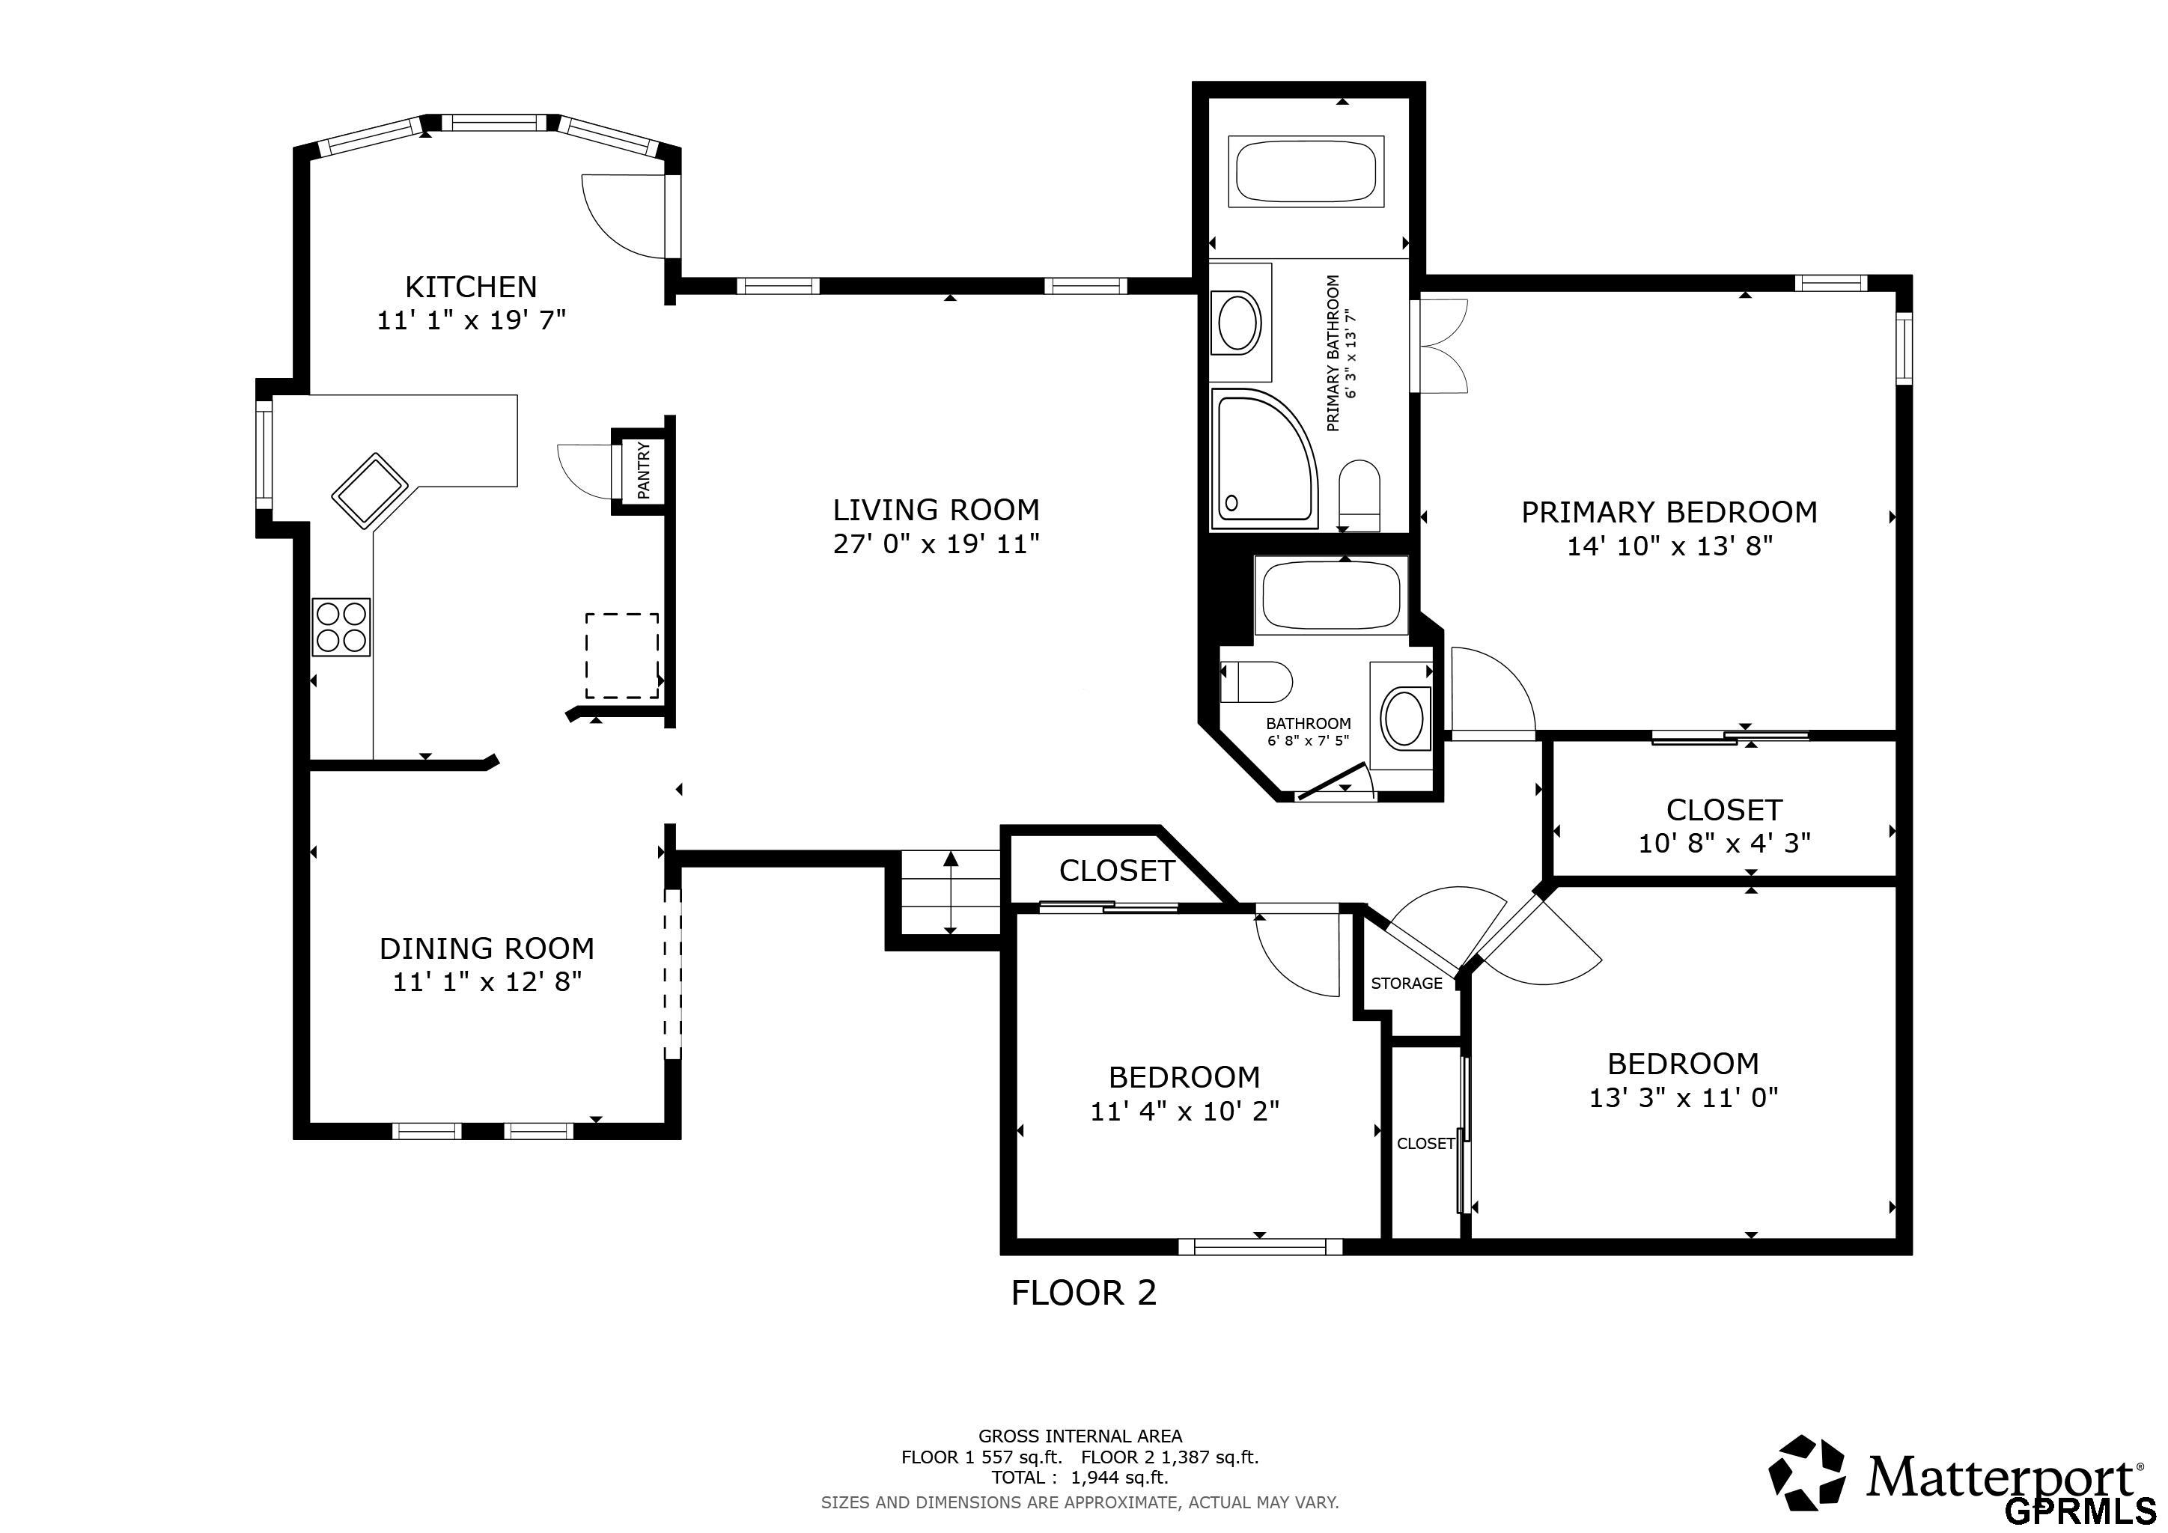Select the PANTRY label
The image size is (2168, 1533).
point(644,470)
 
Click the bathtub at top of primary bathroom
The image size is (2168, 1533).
point(1306,171)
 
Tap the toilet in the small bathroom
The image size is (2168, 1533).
point(1256,682)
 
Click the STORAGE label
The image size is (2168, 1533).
point(1406,984)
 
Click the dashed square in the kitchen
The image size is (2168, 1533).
point(621,655)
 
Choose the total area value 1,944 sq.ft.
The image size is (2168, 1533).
point(1119,1478)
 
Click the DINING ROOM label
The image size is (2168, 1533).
point(487,948)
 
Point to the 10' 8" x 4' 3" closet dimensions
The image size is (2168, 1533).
point(1724,843)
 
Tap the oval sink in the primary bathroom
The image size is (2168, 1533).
point(1239,323)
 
